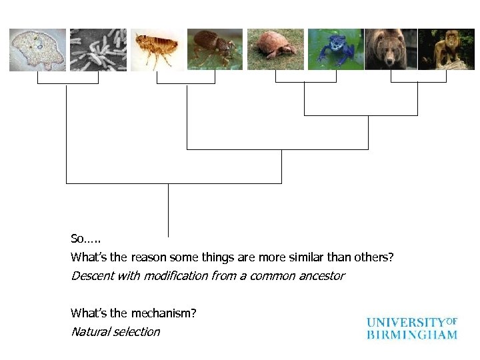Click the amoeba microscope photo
click(x=37, y=49)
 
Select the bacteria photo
click(x=98, y=49)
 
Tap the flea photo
click(x=157, y=49)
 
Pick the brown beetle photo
click(x=215, y=49)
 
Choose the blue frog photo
click(x=335, y=49)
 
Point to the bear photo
click(x=391, y=49)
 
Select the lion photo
click(x=446, y=49)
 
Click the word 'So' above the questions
click(x=77, y=239)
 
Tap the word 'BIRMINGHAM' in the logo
click(x=411, y=334)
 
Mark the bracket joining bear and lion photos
click(x=418, y=81)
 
